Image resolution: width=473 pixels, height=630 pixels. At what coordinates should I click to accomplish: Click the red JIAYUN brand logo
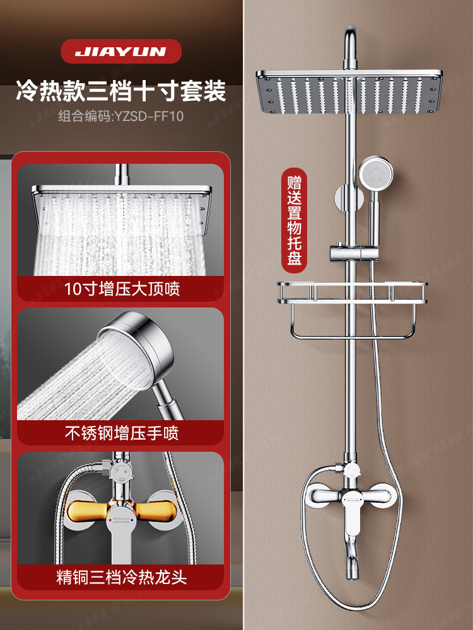tap(121, 52)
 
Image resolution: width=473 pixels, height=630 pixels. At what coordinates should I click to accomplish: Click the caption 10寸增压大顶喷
tap(122, 289)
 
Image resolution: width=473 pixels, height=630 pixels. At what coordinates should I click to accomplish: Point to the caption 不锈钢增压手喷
tap(122, 433)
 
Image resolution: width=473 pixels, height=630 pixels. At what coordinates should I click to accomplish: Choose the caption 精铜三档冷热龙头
tap(122, 577)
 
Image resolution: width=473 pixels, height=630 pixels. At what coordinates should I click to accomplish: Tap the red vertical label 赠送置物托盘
tap(293, 220)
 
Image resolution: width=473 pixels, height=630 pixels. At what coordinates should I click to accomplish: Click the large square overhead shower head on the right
tap(347, 92)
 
